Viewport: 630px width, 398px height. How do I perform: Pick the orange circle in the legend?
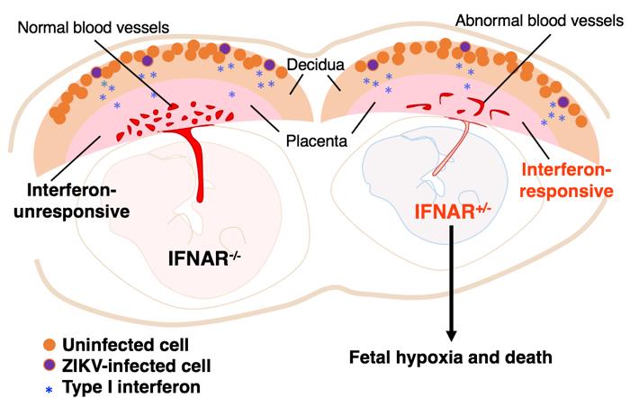click(x=37, y=344)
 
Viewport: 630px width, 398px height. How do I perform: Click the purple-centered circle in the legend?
click(x=37, y=366)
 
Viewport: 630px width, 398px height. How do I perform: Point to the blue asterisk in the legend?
click(x=37, y=388)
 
